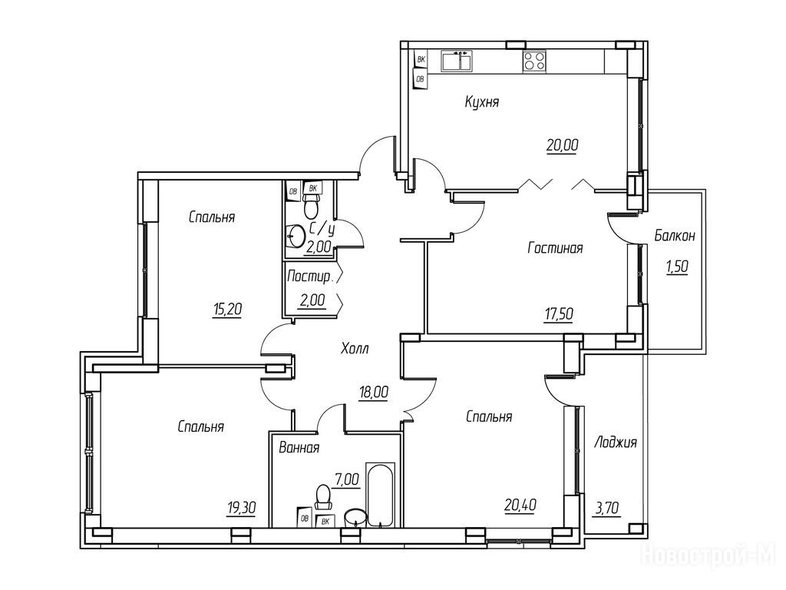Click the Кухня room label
(x=482, y=102)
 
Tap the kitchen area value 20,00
(x=563, y=145)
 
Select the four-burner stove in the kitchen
(x=534, y=61)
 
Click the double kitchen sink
(x=457, y=60)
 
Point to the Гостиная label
(x=555, y=248)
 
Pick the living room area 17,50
(x=559, y=314)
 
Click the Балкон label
(x=675, y=236)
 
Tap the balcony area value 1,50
(x=677, y=267)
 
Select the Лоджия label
(x=615, y=442)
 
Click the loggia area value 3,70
(x=608, y=509)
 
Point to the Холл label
(x=355, y=348)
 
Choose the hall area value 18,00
(x=374, y=392)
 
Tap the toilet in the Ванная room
(x=323, y=496)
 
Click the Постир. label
(x=310, y=277)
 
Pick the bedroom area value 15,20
(x=227, y=310)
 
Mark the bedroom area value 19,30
(x=241, y=509)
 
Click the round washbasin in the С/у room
(x=296, y=235)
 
